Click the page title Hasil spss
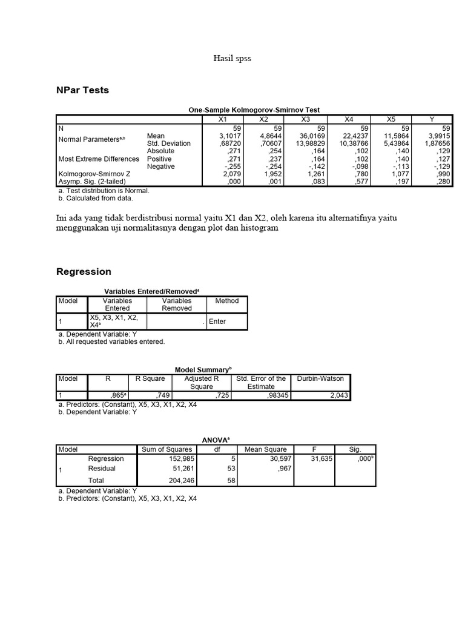pyautogui.click(x=232, y=59)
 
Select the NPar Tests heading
pyautogui.click(x=84, y=90)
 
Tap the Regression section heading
pyautogui.click(x=84, y=272)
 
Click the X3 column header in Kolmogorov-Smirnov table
pyautogui.click(x=306, y=120)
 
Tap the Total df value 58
pyautogui.click(x=231, y=480)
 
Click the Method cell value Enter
pyautogui.click(x=217, y=322)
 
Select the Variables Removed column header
pyautogui.click(x=177, y=304)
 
